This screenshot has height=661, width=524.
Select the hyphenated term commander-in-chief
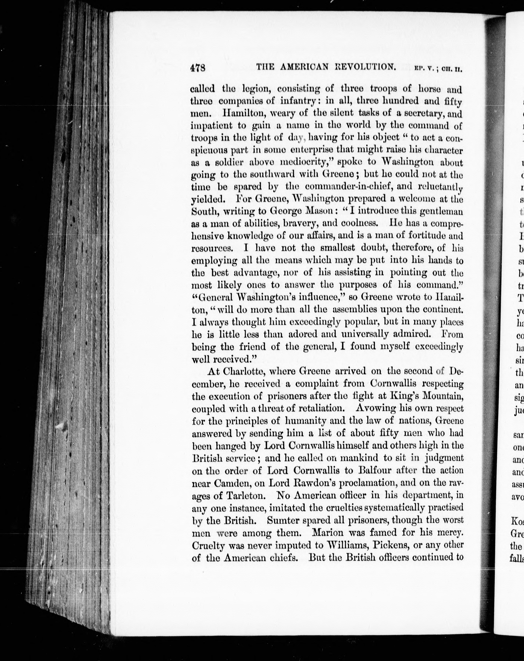click(355, 187)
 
